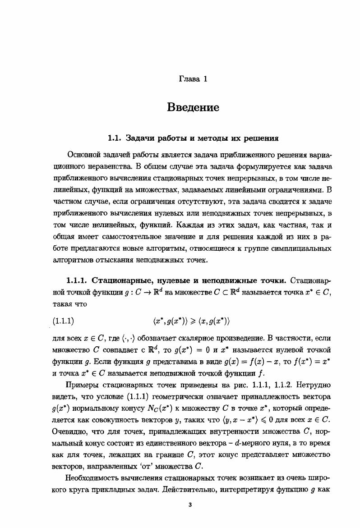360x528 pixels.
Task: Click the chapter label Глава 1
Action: [x=193, y=79]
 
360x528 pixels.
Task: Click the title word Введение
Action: [x=193, y=107]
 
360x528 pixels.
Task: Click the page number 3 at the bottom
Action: [x=190, y=505]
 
